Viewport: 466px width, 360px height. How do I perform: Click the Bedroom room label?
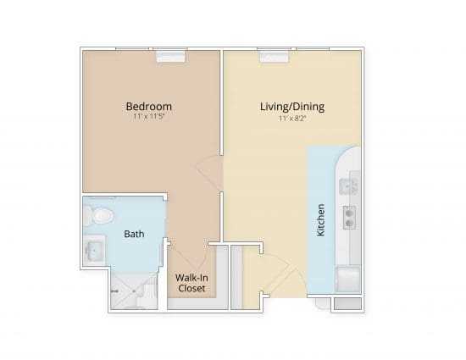tap(149, 107)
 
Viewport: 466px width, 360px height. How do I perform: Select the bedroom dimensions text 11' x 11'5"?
tap(149, 119)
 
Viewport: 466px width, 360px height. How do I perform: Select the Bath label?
tap(134, 234)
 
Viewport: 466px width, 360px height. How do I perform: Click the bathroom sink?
tap(93, 251)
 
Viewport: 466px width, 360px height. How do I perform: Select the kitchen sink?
tap(348, 186)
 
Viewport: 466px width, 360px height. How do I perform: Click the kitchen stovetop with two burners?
tap(348, 219)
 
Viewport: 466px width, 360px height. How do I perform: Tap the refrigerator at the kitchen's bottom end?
tap(348, 279)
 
